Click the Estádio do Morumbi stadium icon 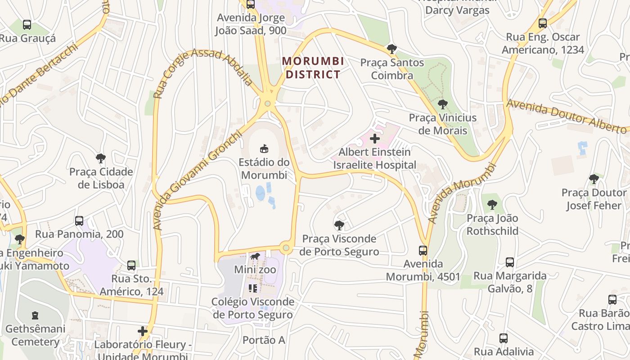coord(264,148)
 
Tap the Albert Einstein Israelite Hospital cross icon coord(374,138)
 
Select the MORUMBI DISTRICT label coord(313,67)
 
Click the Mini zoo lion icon coord(255,257)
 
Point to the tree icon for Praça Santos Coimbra coord(392,49)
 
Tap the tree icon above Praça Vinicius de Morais coord(443,104)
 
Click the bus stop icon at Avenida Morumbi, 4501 coord(423,251)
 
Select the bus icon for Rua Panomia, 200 coord(79,221)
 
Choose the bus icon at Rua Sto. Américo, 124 coord(131,265)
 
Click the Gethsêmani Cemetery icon coord(35,315)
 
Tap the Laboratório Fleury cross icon coord(143,332)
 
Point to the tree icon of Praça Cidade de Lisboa coord(101,158)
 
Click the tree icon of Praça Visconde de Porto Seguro coord(339,225)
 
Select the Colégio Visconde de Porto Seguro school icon coord(252,288)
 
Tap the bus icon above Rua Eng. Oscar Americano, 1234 coord(543,23)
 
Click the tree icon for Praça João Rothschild coord(492,205)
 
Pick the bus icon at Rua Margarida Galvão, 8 coord(510,262)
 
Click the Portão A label coord(264,340)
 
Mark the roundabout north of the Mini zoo coord(285,247)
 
